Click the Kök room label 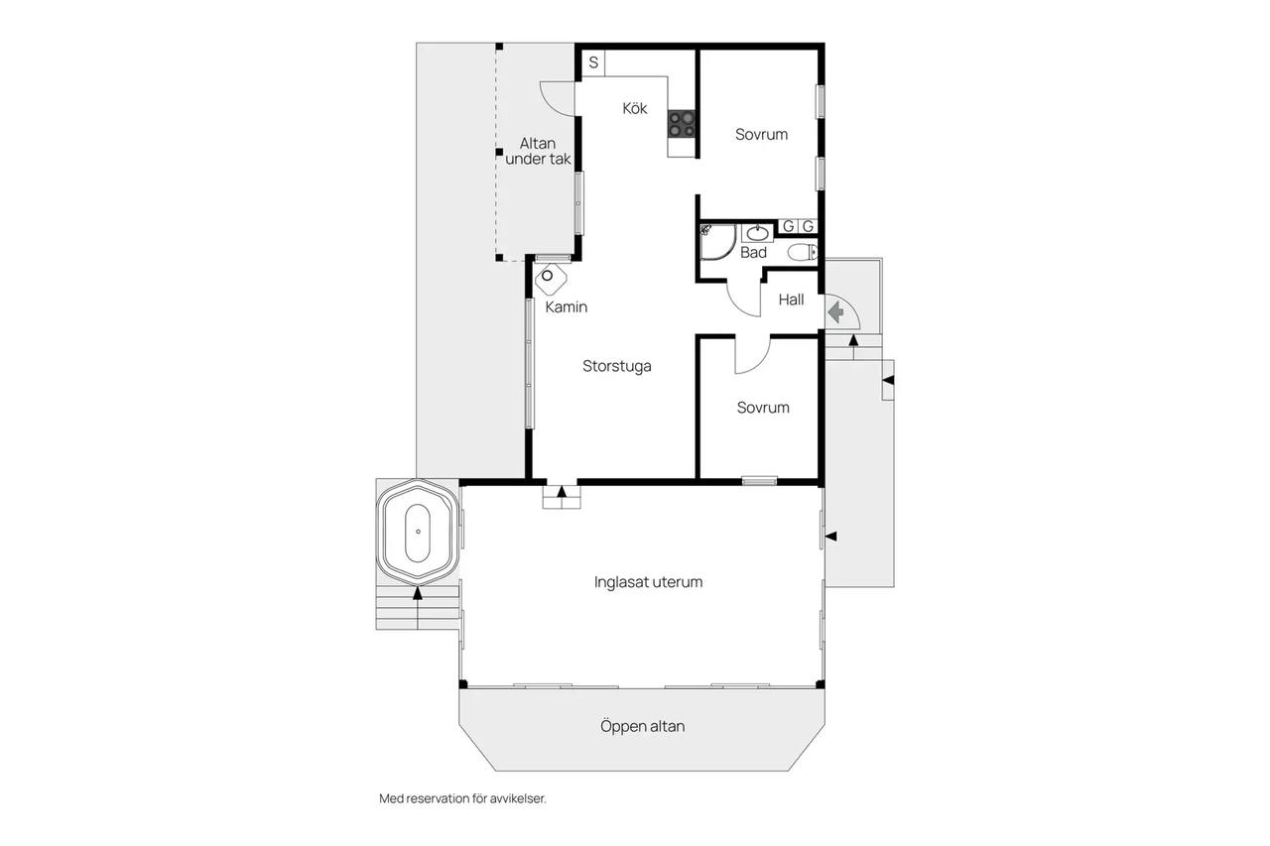coord(634,108)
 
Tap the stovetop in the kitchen coord(682,124)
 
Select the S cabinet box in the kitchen coord(593,62)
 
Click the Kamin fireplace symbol coord(551,280)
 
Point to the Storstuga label coord(617,366)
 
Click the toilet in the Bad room coord(803,252)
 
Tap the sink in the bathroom coord(757,233)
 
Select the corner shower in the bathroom coord(718,242)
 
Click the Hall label coord(791,300)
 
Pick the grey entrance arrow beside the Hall coord(835,312)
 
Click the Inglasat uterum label coord(648,582)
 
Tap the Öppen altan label coord(642,726)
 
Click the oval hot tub coord(418,533)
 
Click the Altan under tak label coord(538,152)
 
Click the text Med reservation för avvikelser coord(462,798)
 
